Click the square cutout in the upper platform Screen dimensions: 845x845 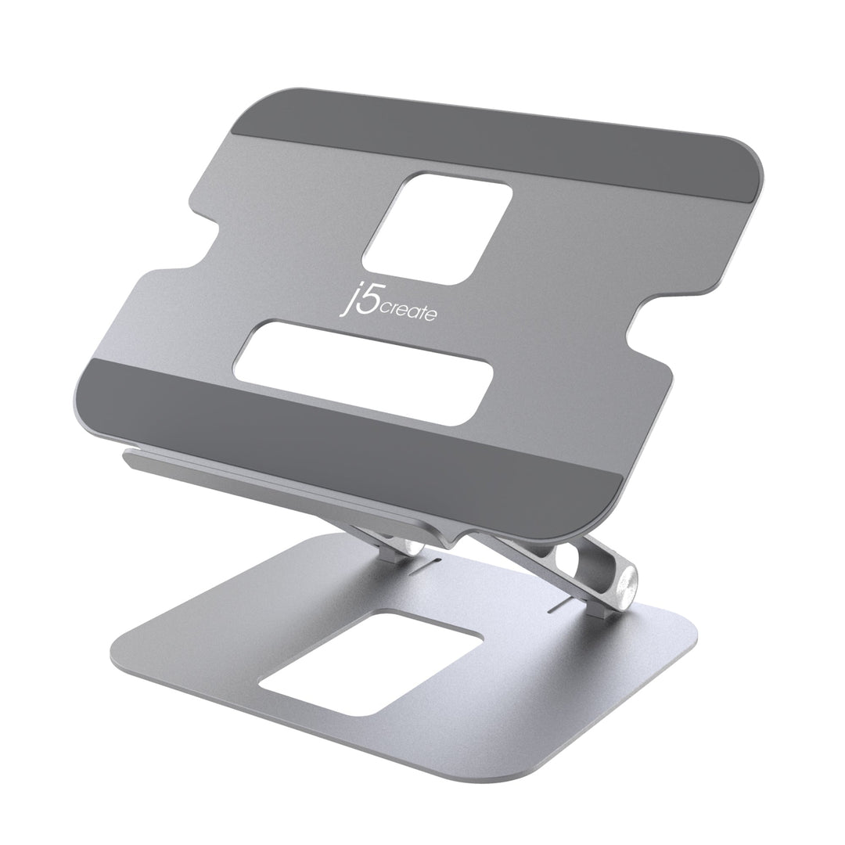(438, 228)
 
